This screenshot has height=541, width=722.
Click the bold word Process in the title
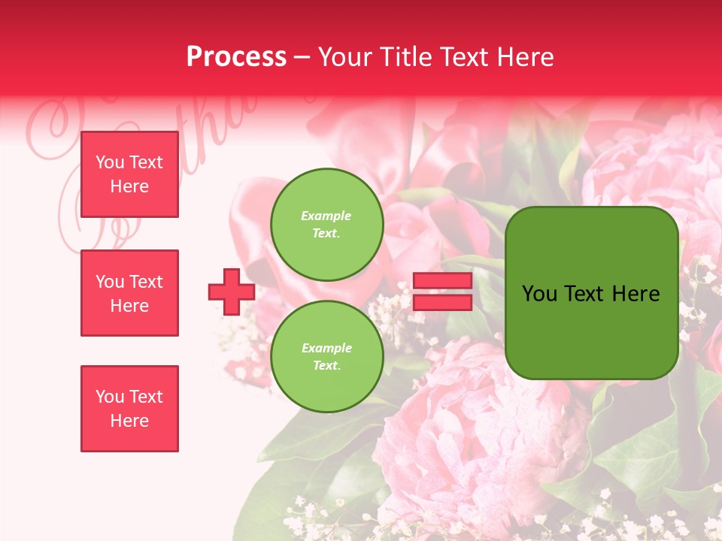(236, 57)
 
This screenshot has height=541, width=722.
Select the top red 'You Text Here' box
(129, 174)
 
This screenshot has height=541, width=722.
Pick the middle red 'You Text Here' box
(129, 293)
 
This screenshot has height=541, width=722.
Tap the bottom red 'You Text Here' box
(129, 408)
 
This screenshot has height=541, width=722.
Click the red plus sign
(232, 292)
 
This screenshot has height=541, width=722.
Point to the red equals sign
(442, 292)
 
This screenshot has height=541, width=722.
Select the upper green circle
(326, 224)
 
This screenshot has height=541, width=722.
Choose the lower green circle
(326, 356)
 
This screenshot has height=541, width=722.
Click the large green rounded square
(591, 293)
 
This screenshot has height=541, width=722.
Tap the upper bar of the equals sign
(442, 281)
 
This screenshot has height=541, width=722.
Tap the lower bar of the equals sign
(442, 302)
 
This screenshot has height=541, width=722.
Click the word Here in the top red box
(129, 186)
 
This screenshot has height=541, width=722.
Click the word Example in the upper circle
(326, 216)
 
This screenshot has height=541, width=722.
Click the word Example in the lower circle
(326, 348)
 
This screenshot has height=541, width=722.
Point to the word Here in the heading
(526, 57)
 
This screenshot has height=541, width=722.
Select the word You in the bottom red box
(109, 396)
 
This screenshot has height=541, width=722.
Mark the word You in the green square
(540, 294)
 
